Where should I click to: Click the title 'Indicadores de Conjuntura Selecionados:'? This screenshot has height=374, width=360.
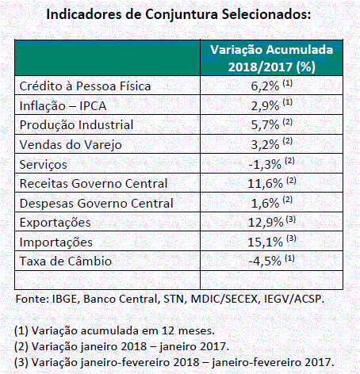(178, 14)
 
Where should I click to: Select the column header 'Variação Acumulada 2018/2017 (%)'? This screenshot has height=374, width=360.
(272, 58)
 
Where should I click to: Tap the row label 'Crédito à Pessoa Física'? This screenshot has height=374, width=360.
(85, 86)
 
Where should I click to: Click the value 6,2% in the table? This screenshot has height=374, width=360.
(265, 86)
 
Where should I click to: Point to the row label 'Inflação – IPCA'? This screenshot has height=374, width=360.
(63, 106)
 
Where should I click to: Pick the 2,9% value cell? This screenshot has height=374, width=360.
(265, 105)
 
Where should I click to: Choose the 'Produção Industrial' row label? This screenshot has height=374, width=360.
(76, 125)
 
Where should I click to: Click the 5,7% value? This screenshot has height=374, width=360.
(265, 125)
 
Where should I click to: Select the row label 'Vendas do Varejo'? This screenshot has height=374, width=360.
(71, 145)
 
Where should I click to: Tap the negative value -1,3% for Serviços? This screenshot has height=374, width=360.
(265, 164)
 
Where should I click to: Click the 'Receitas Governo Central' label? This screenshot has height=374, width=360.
(94, 184)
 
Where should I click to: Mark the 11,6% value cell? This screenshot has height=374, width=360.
(265, 183)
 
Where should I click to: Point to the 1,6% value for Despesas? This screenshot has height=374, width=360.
(265, 203)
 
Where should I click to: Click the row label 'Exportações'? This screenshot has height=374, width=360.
(56, 223)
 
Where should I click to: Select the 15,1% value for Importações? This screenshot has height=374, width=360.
(265, 242)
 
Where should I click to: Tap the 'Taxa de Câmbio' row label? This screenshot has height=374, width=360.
(66, 261)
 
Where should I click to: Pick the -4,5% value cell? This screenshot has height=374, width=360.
(265, 261)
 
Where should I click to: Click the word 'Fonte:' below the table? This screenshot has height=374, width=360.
(32, 299)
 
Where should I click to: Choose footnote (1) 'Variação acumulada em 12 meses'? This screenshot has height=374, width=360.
(114, 330)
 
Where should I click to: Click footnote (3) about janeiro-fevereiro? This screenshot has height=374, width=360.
(174, 362)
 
